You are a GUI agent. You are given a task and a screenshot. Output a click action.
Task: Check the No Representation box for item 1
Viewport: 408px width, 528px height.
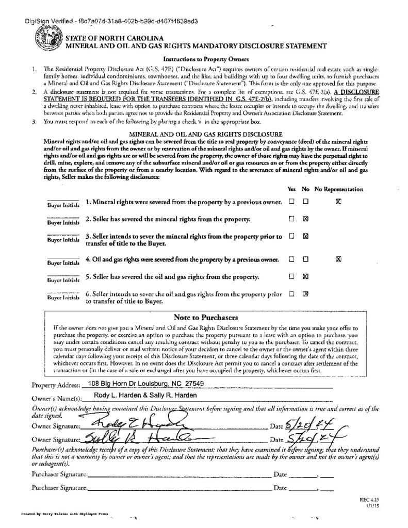pos(338,202)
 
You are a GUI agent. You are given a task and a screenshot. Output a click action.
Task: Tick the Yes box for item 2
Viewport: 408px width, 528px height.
pos(291,219)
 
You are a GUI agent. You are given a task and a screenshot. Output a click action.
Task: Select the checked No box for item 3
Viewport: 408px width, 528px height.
pos(305,237)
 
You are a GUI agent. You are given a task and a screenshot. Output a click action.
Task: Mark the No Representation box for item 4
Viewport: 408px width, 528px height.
pos(338,259)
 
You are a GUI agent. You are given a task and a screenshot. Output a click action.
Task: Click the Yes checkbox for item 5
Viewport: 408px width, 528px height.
pos(291,276)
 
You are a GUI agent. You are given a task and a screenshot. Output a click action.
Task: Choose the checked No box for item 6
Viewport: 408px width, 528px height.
pos(305,294)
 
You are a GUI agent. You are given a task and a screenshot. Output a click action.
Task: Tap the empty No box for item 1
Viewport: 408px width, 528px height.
pos(305,202)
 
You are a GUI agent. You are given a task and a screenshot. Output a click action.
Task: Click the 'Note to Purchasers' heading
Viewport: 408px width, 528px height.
pos(205,317)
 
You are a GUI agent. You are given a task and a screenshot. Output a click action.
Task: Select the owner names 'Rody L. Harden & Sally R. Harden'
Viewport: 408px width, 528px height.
pos(145,395)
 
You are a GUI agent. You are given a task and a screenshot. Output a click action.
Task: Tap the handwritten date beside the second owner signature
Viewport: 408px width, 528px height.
pos(314,439)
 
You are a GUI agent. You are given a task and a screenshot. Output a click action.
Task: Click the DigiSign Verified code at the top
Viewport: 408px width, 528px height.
pos(111,21)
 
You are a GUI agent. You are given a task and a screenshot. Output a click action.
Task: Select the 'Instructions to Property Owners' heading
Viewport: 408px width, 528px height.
pos(206,59)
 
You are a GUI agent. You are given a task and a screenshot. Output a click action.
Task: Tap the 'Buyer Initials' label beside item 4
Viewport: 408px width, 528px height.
pos(63,263)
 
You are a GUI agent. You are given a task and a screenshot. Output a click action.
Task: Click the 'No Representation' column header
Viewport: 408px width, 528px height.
pos(339,189)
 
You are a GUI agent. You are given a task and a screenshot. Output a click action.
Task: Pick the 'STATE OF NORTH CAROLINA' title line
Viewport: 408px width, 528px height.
pos(114,38)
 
